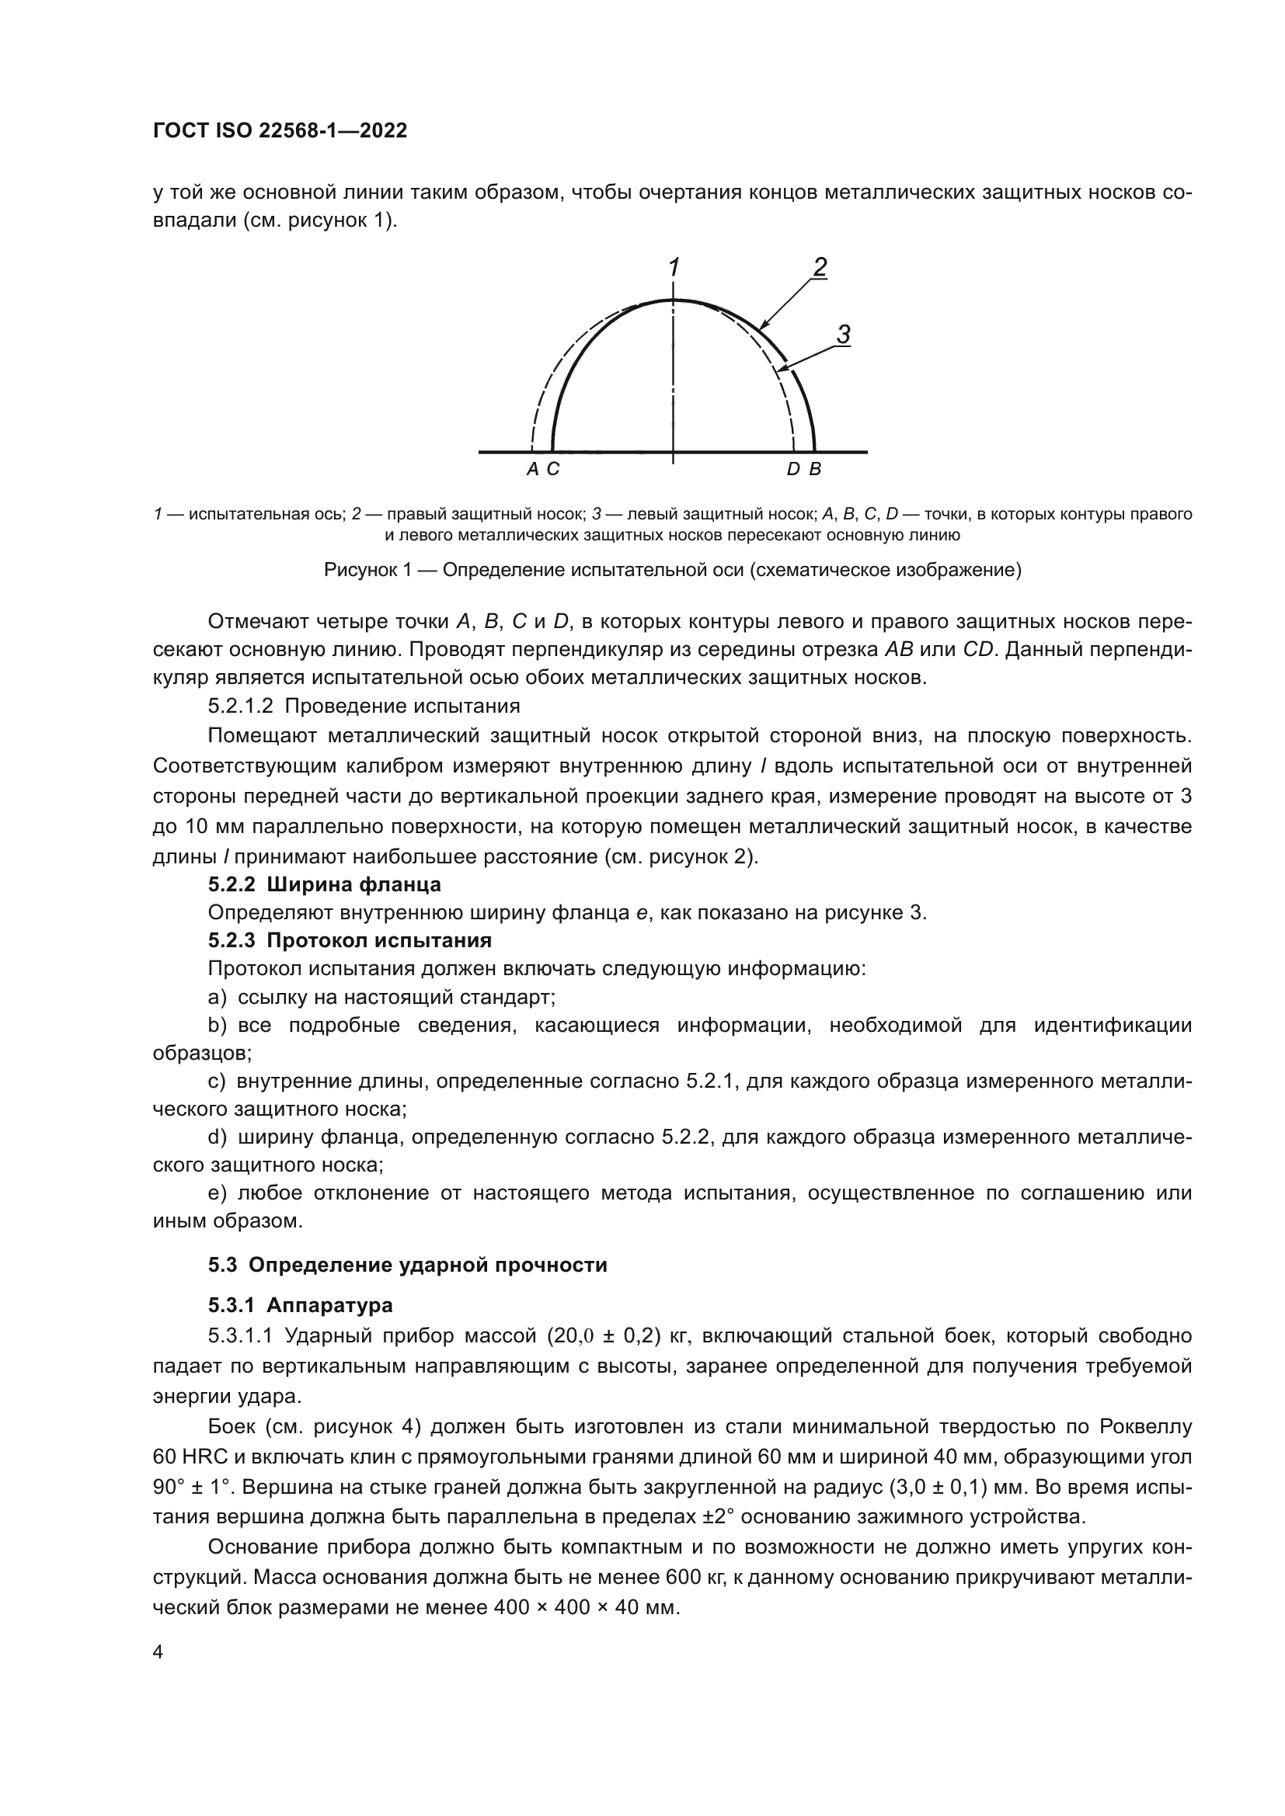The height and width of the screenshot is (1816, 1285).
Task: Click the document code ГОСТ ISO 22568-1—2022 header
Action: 280,131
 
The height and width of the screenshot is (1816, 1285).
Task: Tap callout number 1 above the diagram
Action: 674,268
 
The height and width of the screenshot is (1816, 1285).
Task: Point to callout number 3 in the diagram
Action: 844,335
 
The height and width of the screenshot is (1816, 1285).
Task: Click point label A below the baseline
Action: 532,470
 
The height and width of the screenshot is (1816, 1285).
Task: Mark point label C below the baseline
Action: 553,470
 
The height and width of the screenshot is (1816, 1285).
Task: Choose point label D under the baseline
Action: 793,470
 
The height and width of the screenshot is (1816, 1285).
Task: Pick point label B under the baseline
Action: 815,470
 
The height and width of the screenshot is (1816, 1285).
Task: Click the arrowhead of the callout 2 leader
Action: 761,327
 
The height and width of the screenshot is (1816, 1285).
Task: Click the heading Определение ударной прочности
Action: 427,1265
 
